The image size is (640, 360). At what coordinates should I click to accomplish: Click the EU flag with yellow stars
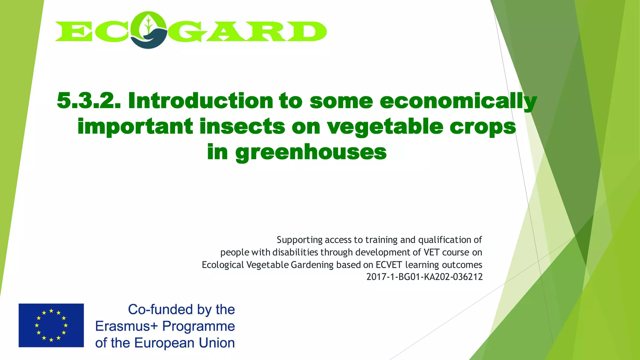[51, 325]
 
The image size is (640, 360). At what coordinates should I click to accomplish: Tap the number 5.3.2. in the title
[88, 101]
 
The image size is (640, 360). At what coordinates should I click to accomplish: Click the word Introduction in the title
[200, 101]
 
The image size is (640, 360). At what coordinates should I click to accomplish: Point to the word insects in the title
[242, 127]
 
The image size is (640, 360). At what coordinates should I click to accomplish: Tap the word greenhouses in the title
[311, 152]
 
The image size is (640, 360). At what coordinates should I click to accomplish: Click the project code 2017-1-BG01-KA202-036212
[424, 277]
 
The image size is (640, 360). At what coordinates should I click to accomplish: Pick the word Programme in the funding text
[198, 327]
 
